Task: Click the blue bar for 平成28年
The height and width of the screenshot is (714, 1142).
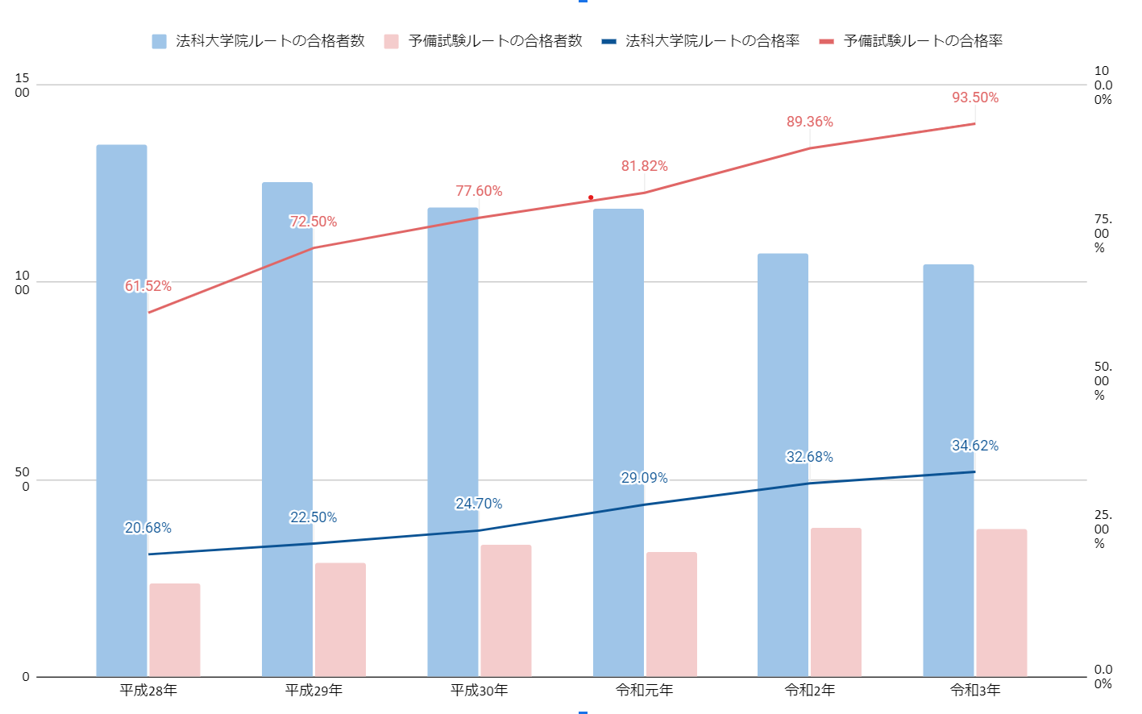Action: tap(122, 411)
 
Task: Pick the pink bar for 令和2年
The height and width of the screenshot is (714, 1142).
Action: tap(836, 602)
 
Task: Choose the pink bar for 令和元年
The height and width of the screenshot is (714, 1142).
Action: tap(671, 614)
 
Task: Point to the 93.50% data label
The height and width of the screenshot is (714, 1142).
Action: tap(975, 98)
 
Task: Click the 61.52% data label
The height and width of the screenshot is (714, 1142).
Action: tap(147, 286)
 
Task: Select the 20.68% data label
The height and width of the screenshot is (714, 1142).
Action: tap(147, 528)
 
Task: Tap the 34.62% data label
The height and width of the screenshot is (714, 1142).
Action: tap(975, 446)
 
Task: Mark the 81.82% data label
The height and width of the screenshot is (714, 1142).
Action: tap(644, 166)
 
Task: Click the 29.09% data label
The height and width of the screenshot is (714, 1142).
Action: tap(644, 478)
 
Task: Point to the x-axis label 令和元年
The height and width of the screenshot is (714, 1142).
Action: tap(644, 691)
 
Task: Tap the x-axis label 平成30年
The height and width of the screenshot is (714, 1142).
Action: tap(479, 691)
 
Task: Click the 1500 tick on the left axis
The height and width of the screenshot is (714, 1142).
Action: tap(22, 85)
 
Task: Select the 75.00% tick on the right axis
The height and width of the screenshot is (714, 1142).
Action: tap(1103, 234)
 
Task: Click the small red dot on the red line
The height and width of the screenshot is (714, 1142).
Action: tap(591, 197)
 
